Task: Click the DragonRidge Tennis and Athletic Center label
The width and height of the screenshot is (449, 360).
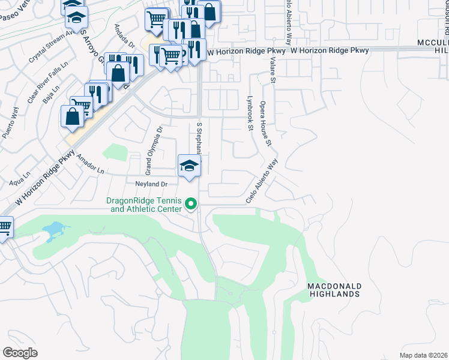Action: (145, 205)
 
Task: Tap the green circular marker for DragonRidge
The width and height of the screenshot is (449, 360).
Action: (191, 205)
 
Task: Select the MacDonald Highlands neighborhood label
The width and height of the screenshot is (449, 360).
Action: (334, 290)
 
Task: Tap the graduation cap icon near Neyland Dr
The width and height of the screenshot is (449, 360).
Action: (189, 166)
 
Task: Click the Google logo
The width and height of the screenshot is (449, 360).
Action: (20, 353)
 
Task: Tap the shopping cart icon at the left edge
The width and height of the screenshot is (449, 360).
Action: (4, 228)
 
